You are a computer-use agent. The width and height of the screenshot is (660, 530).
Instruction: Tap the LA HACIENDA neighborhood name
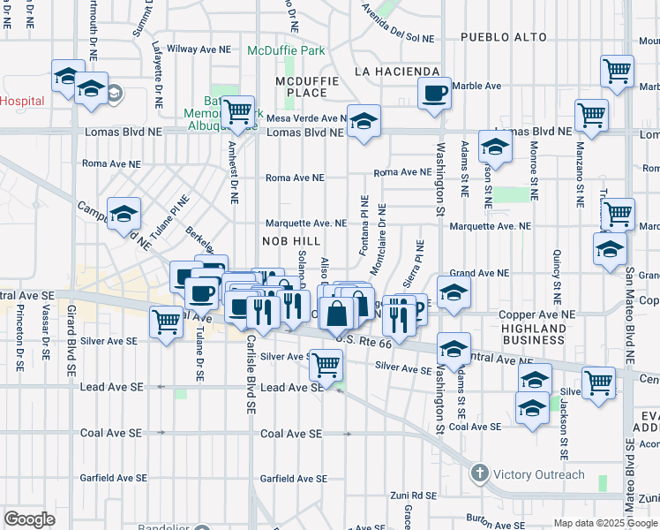pos(396,71)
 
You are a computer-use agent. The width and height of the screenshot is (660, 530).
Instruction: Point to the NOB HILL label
pos(287,240)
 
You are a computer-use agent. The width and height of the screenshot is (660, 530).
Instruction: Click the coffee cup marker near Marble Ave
pos(433,94)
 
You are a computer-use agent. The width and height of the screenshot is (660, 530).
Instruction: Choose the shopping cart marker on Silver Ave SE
pos(326,365)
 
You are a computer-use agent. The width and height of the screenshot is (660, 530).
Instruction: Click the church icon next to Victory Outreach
pos(479,474)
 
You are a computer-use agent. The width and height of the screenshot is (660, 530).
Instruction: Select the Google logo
pos(29,519)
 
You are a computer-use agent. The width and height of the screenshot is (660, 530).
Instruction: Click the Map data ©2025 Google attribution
pos(606,523)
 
